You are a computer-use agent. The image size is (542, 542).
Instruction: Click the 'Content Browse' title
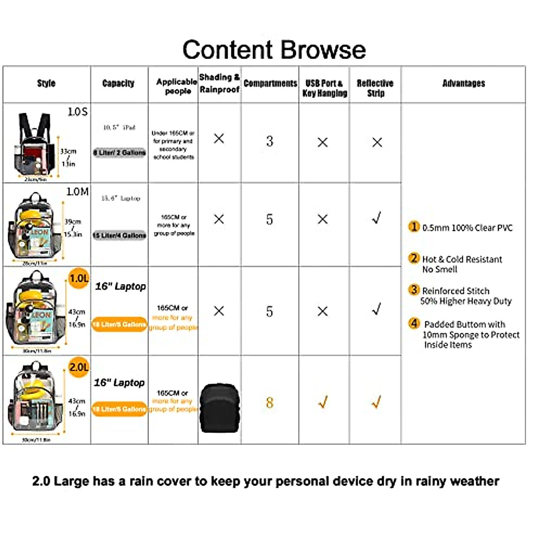(x=274, y=50)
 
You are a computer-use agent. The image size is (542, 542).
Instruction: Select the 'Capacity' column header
(x=118, y=83)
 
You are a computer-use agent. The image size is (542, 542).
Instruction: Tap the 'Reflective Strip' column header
(x=375, y=88)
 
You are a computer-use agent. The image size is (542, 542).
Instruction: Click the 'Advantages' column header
(x=463, y=83)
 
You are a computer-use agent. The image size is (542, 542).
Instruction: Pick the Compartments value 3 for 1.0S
(x=270, y=141)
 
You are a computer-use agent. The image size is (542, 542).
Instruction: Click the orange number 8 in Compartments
(x=270, y=402)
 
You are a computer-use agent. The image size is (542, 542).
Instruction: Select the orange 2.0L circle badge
(x=79, y=367)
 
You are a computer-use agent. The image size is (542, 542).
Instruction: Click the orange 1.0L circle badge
(x=79, y=278)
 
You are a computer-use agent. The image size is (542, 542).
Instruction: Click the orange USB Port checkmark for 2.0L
(x=322, y=402)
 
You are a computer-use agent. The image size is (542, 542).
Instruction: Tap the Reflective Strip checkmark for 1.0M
(x=376, y=218)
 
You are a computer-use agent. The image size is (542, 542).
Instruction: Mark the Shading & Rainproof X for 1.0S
(x=219, y=139)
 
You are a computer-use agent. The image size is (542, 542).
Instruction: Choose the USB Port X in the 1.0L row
(x=322, y=311)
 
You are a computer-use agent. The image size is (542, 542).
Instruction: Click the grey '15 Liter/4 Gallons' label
(x=119, y=235)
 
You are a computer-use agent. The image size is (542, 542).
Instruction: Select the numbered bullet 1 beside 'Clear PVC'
(x=414, y=227)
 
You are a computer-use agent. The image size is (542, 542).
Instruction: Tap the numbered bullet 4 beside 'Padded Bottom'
(x=414, y=323)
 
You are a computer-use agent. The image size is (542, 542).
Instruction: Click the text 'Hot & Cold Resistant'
(x=462, y=259)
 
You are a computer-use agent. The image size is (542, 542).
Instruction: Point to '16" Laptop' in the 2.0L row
(x=119, y=383)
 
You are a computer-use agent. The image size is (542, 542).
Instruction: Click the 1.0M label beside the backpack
(x=77, y=192)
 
